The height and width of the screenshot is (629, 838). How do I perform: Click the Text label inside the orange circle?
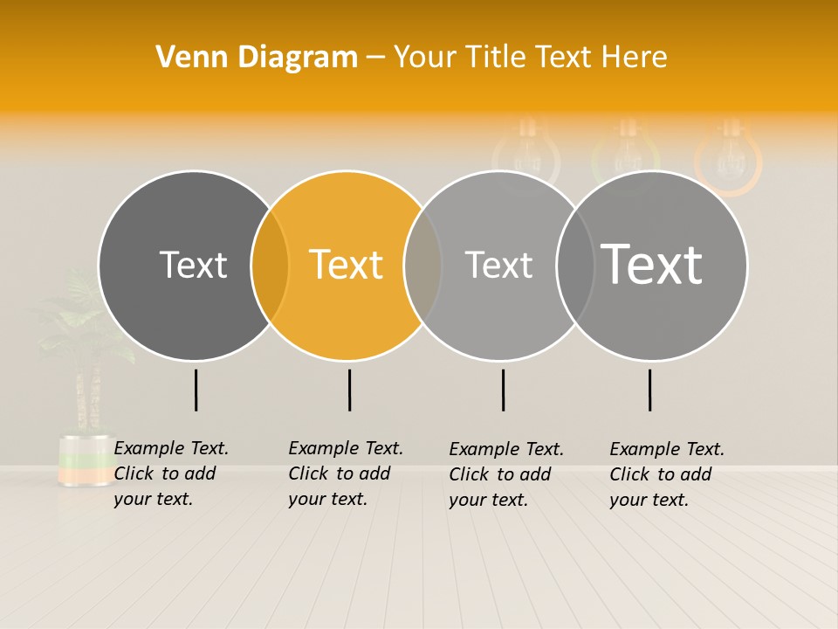point(347,265)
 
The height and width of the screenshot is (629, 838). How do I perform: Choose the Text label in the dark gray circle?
point(193,265)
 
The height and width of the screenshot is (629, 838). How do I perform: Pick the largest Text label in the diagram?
point(652,264)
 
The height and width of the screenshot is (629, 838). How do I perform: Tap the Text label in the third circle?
point(498,265)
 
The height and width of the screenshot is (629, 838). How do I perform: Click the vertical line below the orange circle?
point(349,390)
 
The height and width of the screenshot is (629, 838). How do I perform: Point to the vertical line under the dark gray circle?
point(196,390)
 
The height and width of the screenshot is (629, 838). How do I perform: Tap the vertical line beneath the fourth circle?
point(649,390)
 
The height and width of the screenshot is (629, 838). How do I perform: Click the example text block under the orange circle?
point(345,473)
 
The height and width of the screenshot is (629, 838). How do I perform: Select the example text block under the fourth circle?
point(666,474)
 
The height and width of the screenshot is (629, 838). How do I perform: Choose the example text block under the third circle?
point(505,474)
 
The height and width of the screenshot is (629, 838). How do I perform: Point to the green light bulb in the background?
point(625,153)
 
